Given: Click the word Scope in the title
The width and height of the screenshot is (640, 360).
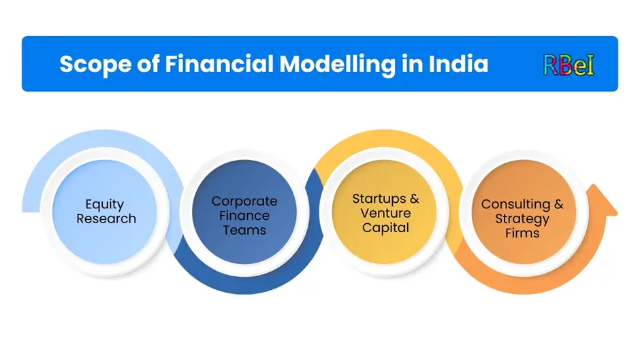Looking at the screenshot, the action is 95,65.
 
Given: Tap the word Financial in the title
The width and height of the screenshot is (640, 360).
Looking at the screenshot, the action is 219,64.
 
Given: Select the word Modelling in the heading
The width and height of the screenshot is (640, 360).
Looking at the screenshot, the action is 338,65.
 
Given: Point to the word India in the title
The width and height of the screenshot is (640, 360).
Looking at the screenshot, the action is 458,64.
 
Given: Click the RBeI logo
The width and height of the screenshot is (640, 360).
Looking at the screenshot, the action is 569,65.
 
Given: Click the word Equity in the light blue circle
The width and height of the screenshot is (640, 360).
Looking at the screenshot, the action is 104,204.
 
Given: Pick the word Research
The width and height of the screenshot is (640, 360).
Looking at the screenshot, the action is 106,218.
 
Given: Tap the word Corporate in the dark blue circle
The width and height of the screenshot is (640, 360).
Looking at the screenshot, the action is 244,201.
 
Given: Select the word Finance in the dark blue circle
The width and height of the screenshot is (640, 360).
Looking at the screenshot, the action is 244,216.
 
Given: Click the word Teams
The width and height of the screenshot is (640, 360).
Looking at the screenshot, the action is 244,230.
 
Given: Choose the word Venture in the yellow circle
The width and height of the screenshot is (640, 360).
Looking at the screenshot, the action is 385,213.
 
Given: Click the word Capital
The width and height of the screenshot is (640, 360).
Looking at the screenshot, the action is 385,228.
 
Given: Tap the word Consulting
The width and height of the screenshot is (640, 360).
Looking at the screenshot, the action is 515,204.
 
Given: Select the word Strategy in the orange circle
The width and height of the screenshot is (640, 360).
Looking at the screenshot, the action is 522,219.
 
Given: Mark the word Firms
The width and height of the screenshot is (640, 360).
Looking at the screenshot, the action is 522,233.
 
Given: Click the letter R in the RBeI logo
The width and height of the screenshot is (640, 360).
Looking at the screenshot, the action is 551,65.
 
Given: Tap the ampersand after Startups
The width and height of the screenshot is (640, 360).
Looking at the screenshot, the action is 414,199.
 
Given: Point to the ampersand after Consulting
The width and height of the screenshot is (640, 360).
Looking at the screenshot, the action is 559,204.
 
